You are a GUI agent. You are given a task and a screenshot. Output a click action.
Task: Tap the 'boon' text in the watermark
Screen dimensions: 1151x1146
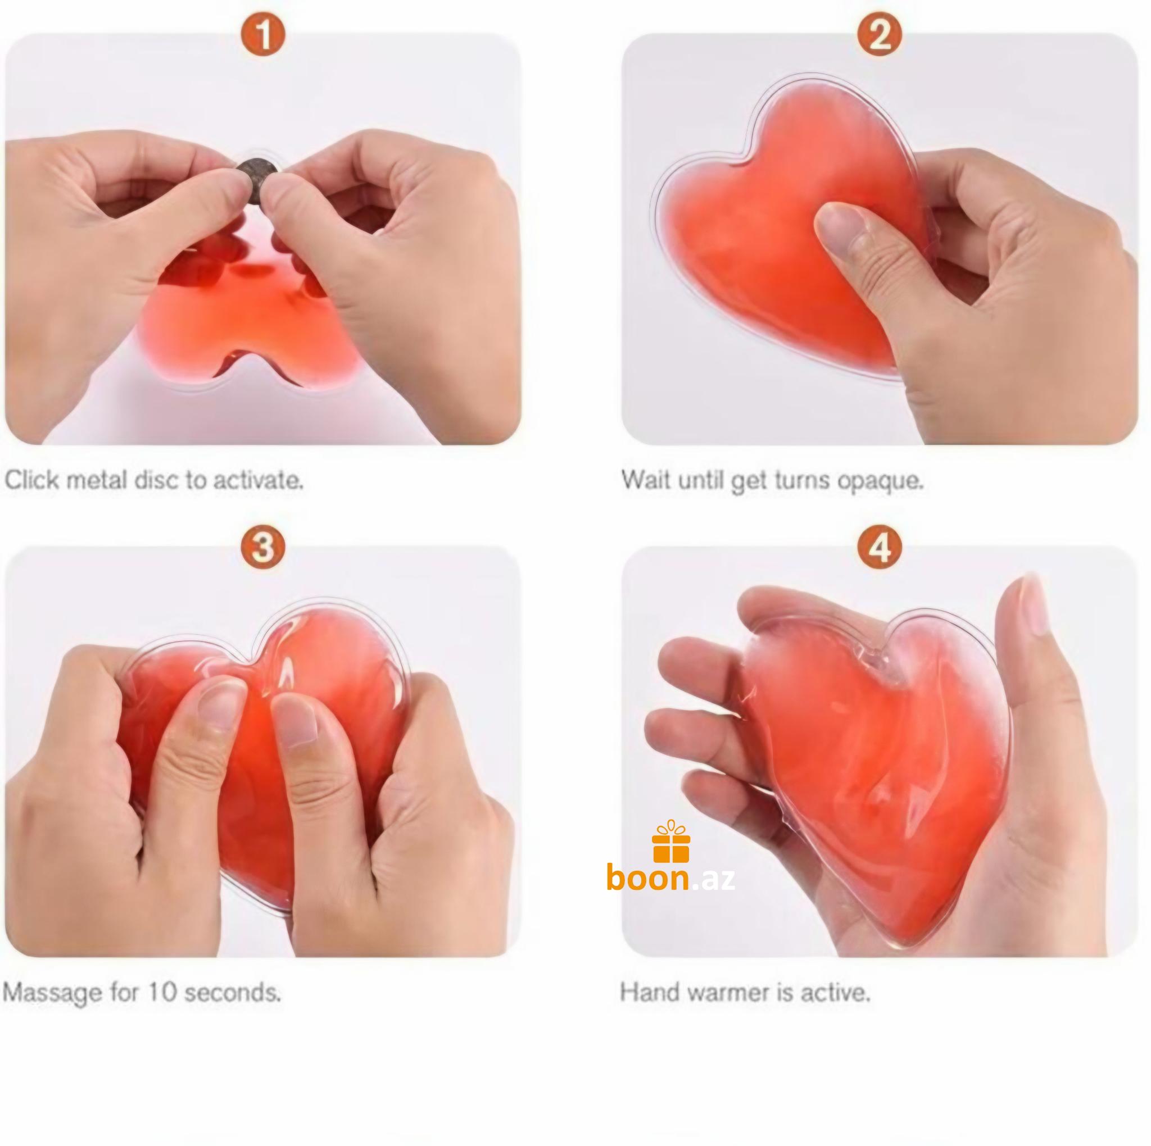pyautogui.click(x=648, y=879)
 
